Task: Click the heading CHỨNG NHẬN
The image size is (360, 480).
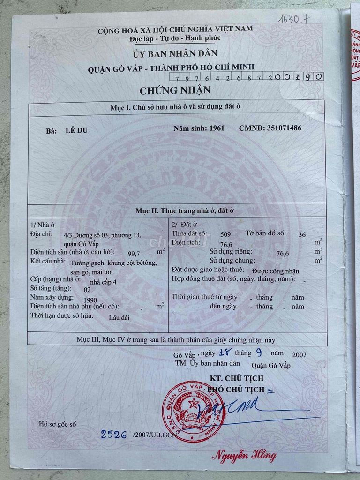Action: [175, 90]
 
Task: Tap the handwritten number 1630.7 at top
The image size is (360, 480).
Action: [294, 19]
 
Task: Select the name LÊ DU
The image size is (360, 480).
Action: [76, 131]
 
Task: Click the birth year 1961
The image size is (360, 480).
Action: [217, 128]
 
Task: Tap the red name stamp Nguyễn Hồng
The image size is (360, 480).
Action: [244, 455]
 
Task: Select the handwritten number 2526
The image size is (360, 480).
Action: [114, 435]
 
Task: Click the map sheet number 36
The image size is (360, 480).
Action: [302, 234]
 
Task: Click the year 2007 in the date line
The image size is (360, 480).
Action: [299, 354]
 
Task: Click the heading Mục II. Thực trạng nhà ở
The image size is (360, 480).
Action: [178, 211]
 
